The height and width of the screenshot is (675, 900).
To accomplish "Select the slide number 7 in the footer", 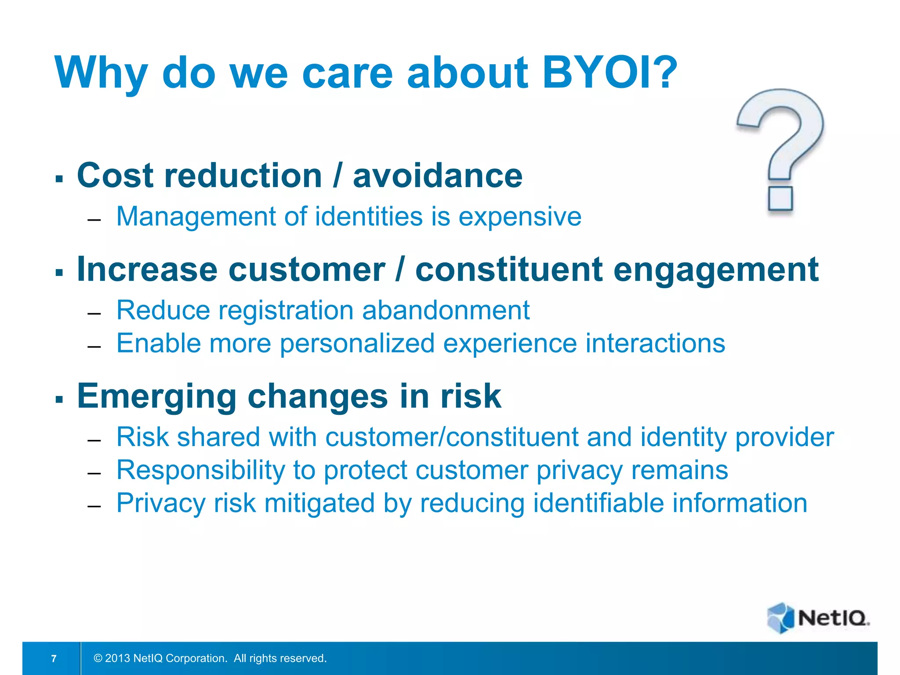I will pos(54,658).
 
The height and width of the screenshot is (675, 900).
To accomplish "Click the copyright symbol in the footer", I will pos(98,658).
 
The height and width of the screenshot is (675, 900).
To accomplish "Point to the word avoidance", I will pos(438,176).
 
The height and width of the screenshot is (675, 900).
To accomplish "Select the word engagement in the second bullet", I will pos(716,270).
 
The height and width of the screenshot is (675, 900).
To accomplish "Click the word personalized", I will pos(357,344).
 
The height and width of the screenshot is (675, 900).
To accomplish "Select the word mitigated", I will pos(319,503).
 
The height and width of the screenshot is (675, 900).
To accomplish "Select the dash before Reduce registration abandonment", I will pos(94,314).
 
